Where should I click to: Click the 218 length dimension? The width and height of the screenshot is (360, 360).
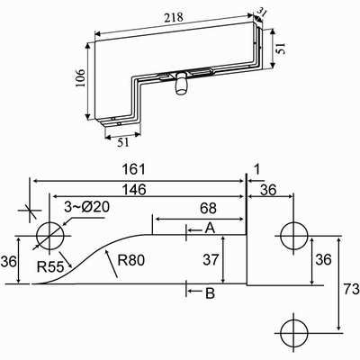coord(174,17)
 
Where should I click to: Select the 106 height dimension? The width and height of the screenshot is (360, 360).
coord(80,78)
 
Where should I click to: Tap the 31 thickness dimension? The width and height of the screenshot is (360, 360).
coord(261,13)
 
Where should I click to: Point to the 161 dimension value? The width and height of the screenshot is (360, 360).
coord(134,169)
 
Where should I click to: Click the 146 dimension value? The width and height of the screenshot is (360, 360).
coord(134,190)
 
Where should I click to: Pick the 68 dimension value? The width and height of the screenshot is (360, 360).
coord(208,208)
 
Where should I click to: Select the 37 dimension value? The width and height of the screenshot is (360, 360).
coord(211,259)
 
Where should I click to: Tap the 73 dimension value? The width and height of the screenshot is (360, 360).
coord(352,290)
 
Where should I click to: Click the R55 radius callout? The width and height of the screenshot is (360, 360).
coord(50,266)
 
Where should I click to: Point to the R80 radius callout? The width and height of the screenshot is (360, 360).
coord(131,260)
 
